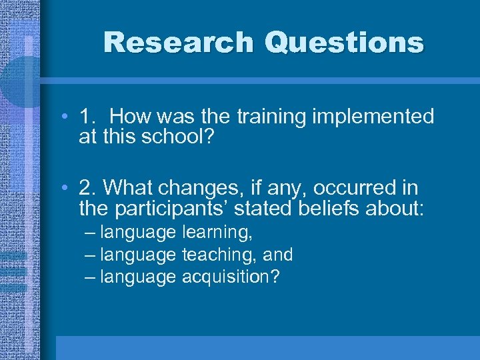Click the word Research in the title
point(179,43)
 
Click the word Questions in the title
point(343,43)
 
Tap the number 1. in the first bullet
point(89,117)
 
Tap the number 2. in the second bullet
point(89,188)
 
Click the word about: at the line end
point(398,209)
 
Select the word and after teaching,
point(278,255)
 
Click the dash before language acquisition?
point(90,276)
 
